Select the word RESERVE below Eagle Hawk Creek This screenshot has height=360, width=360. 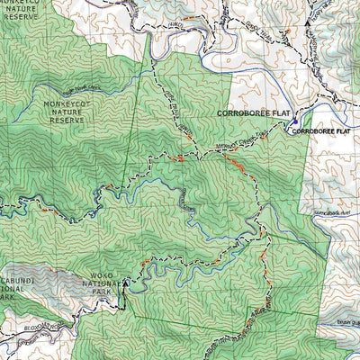pyautogui.click(x=66, y=119)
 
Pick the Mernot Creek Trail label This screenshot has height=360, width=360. pyautogui.click(x=231, y=148)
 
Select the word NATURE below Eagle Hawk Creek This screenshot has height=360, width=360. pyautogui.click(x=66, y=112)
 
